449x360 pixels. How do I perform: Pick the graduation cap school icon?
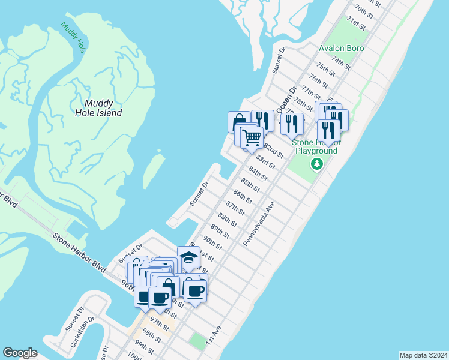tap(188, 257)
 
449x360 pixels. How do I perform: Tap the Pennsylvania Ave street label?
tap(259, 223)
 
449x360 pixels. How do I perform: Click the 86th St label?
tap(243, 196)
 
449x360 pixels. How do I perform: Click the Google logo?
tap(20, 353)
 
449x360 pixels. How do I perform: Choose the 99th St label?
tap(144, 346)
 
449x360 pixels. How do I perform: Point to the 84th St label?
tap(258, 173)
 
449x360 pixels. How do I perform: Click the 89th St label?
tap(220, 230)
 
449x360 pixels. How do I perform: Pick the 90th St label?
tap(212, 242)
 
